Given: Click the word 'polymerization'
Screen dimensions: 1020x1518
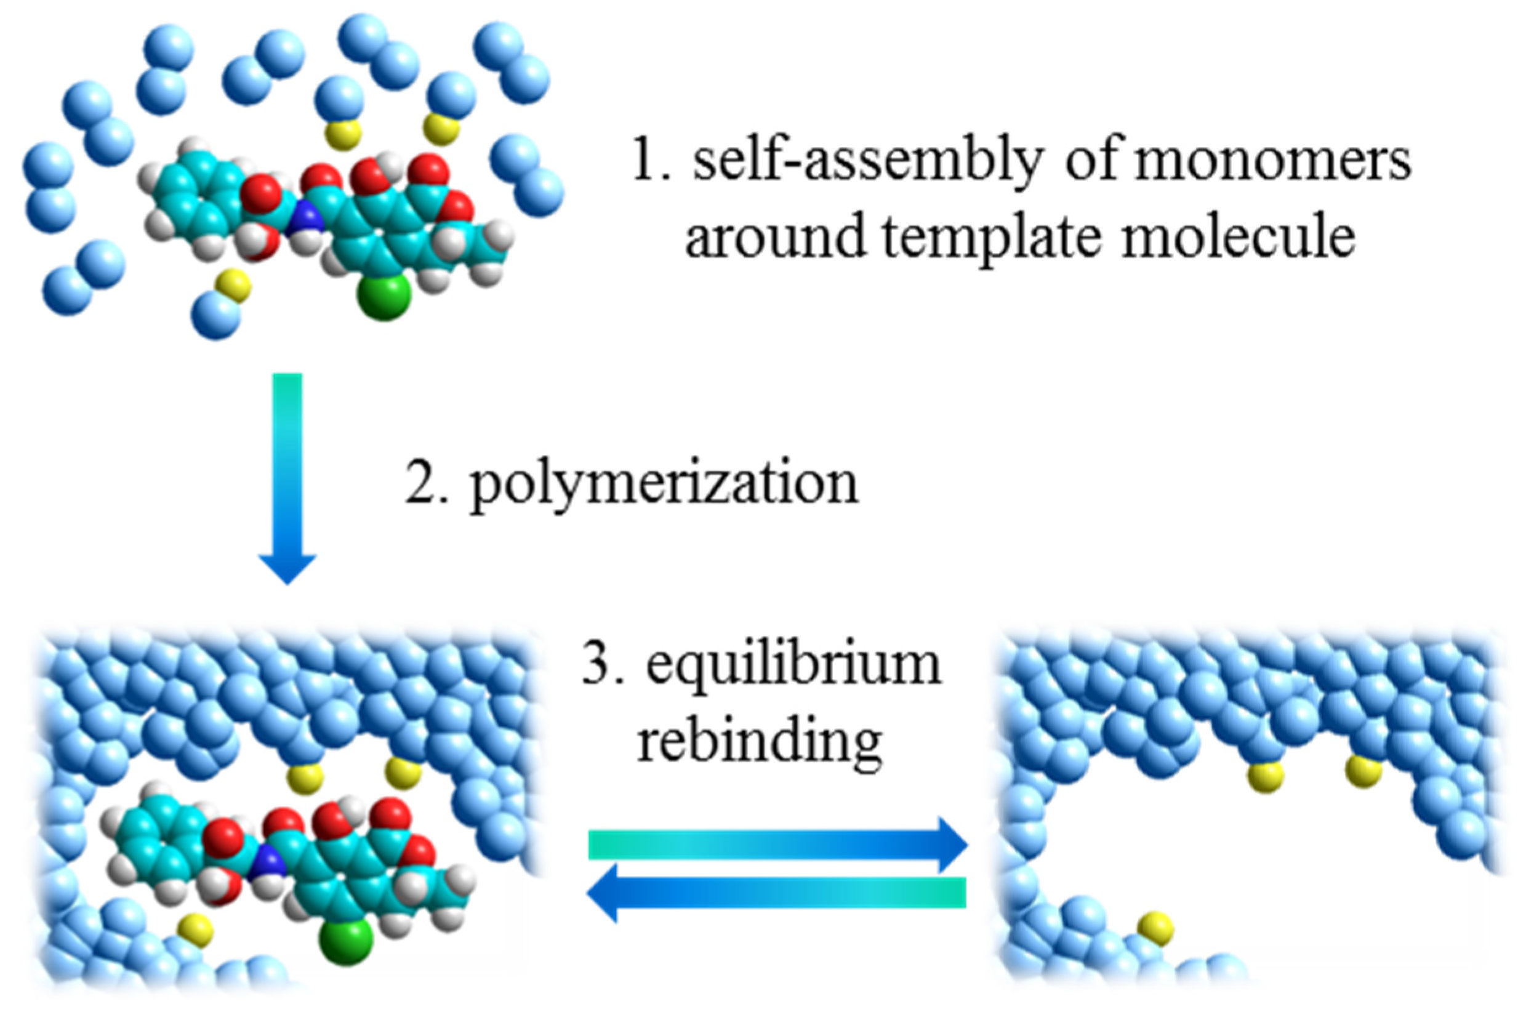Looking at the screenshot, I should (x=664, y=485).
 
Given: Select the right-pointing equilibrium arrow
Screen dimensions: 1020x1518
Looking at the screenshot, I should (x=777, y=845).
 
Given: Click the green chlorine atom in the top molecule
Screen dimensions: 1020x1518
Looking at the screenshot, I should (x=384, y=297).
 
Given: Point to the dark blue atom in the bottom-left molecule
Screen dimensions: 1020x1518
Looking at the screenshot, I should (x=268, y=864).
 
